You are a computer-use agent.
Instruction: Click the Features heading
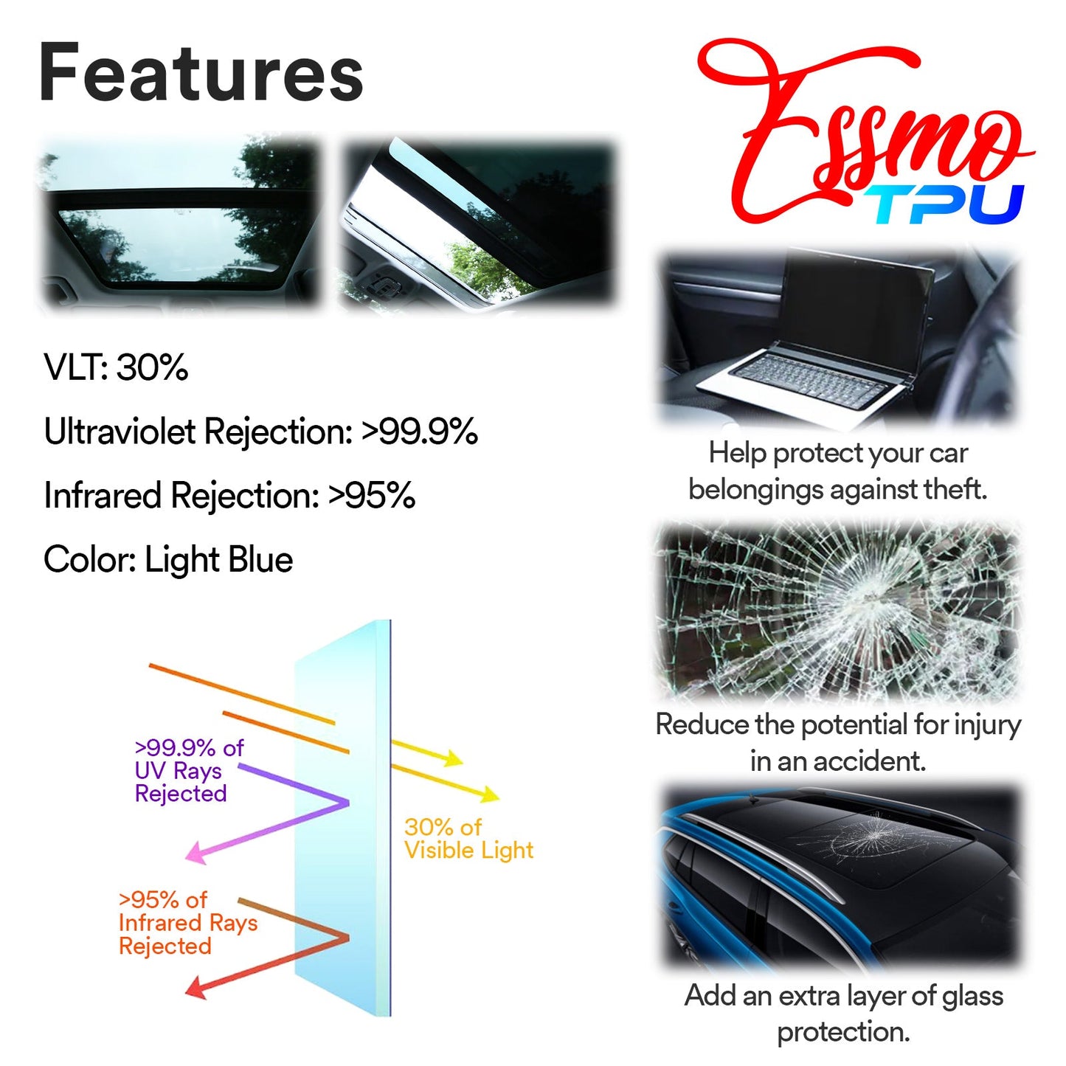pos(201,74)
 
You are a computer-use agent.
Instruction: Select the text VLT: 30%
pos(116,367)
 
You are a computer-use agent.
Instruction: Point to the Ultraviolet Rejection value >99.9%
pos(419,432)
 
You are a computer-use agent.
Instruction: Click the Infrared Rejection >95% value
pos(372,496)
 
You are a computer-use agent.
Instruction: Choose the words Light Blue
pos(218,560)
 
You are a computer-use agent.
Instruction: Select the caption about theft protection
pos(837,471)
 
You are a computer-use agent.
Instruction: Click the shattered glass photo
pos(837,611)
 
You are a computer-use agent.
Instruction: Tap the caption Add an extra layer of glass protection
pos(843,1013)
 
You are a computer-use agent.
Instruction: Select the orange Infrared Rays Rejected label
pos(187,923)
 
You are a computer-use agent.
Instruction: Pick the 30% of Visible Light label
pos(468,839)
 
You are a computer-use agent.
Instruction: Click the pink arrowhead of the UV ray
pos(195,854)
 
